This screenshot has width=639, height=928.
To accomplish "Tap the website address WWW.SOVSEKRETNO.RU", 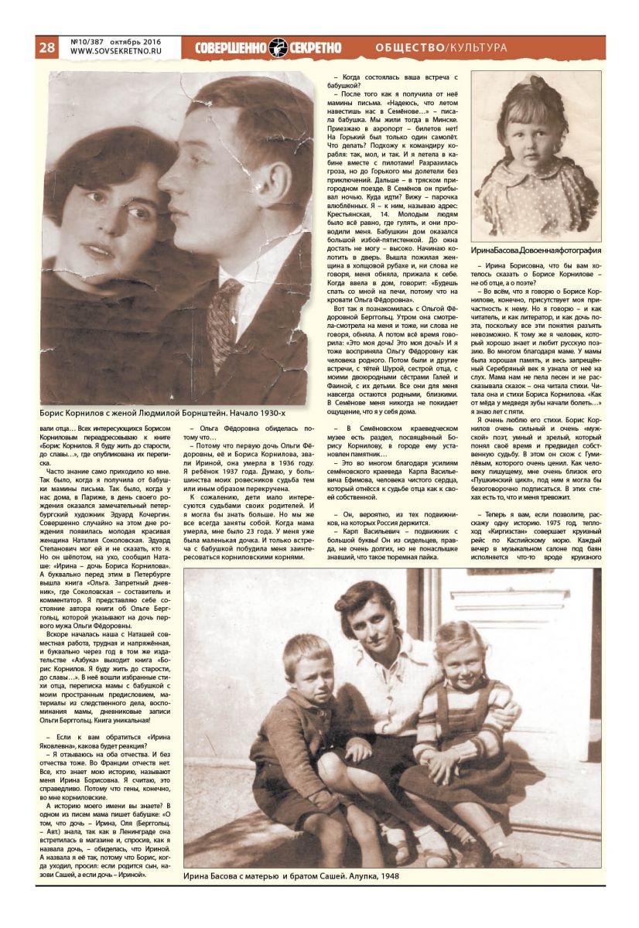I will pos(115,53).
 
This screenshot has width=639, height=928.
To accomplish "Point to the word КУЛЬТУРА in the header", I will pos(479,47).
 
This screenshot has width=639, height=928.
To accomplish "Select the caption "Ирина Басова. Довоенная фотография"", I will pos(536,250).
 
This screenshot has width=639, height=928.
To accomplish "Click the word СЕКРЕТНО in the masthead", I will pos(316,47).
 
